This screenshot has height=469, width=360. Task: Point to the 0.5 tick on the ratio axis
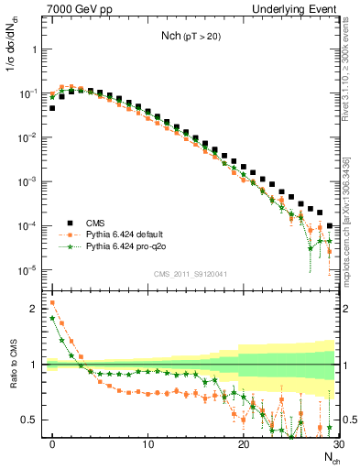click(31, 420)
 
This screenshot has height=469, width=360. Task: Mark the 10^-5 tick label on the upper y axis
click(29, 269)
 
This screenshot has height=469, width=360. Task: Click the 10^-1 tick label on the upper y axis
click(29, 93)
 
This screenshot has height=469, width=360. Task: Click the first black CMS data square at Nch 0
click(52, 108)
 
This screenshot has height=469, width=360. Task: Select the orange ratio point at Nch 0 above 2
click(52, 302)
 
